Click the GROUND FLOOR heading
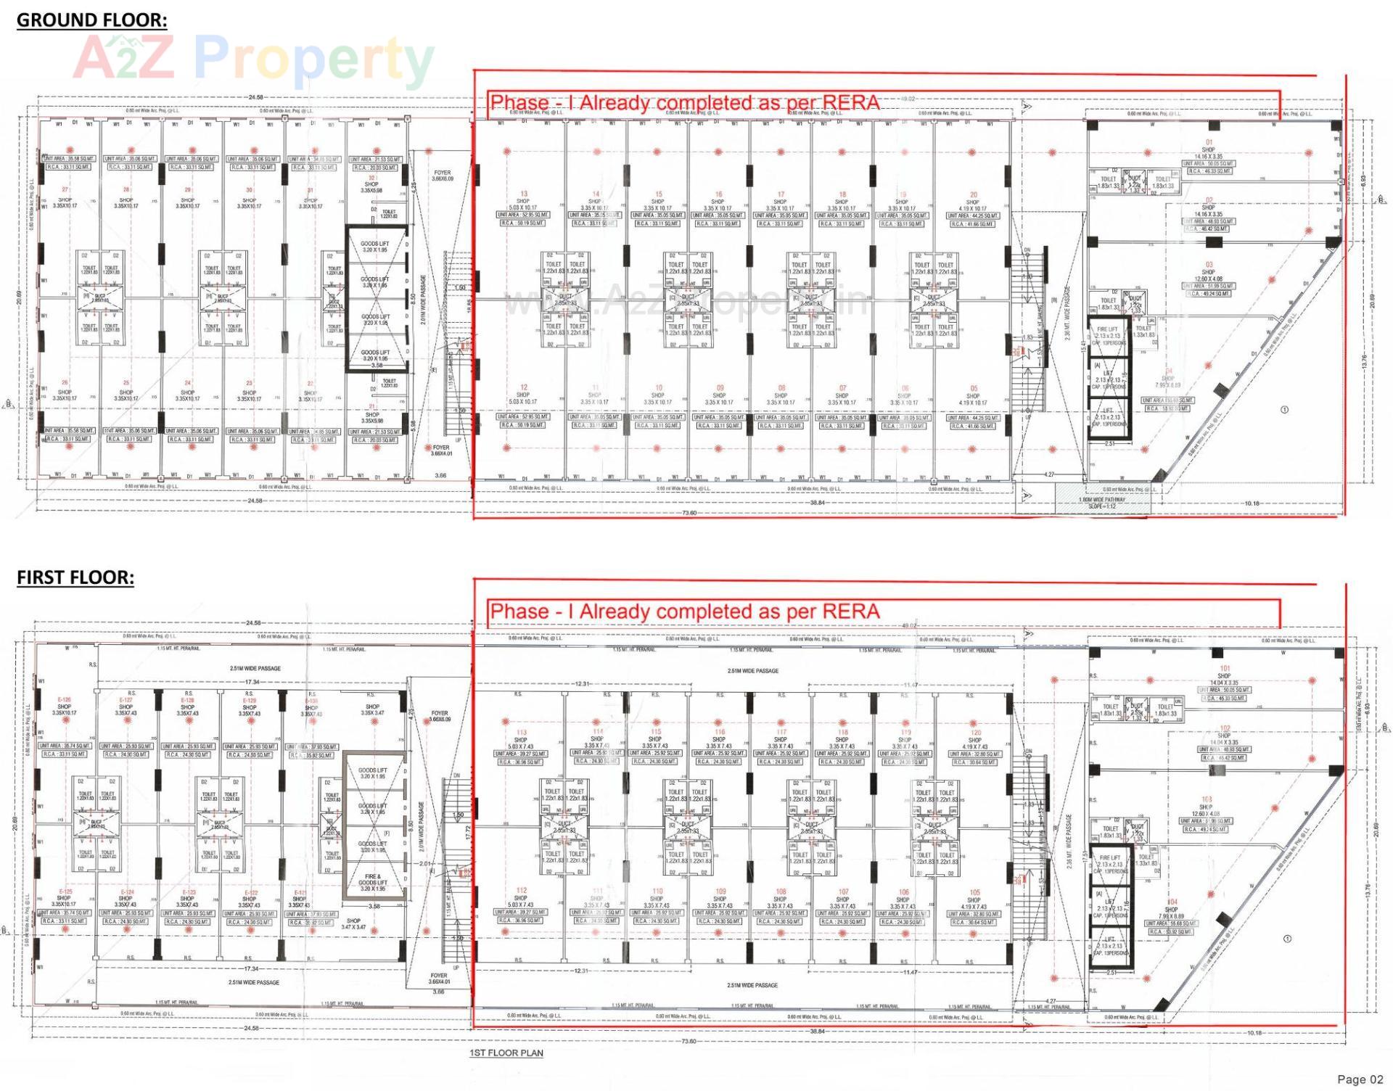coord(91,20)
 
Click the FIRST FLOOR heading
coord(75,577)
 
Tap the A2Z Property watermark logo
coord(254,58)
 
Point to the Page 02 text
coord(1360,1079)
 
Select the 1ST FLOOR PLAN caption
coord(506,1053)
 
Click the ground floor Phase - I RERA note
coord(684,103)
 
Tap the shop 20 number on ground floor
coord(973,194)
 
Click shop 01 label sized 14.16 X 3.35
coord(1208,149)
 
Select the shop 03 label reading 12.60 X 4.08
coord(1208,272)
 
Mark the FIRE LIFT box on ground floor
coord(1108,334)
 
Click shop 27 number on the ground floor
coord(65,190)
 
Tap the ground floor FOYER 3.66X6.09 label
coord(442,176)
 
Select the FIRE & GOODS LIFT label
coord(373,882)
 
